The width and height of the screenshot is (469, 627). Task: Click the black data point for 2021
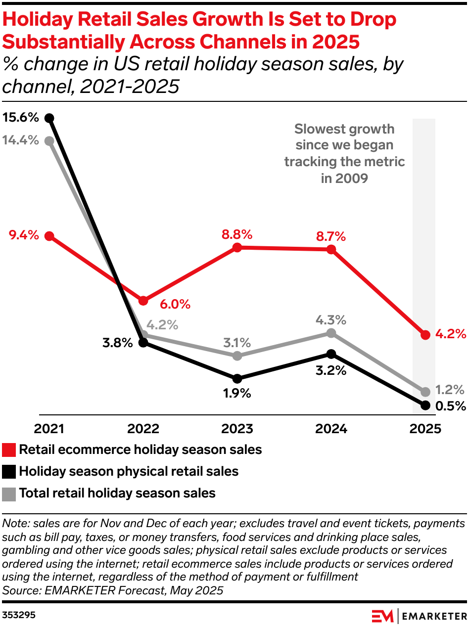pyautogui.click(x=49, y=118)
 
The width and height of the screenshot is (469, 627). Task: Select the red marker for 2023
pyautogui.click(x=237, y=247)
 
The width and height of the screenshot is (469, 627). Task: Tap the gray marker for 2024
pyautogui.click(x=331, y=333)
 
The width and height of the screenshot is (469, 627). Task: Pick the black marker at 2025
pyautogui.click(x=425, y=405)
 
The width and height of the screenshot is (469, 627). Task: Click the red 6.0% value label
pyautogui.click(x=175, y=304)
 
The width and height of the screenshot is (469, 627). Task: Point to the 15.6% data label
pyautogui.click(x=20, y=118)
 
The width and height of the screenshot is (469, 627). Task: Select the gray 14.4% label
pyautogui.click(x=20, y=140)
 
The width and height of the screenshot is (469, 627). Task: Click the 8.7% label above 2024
pyautogui.click(x=330, y=237)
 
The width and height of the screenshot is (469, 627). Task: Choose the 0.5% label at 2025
pyautogui.click(x=451, y=406)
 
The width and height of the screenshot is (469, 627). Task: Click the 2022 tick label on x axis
pyautogui.click(x=143, y=428)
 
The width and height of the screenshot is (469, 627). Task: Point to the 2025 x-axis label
pyautogui.click(x=425, y=428)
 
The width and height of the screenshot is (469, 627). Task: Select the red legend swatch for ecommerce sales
pyautogui.click(x=9, y=450)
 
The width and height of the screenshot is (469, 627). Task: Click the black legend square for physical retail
pyautogui.click(x=9, y=472)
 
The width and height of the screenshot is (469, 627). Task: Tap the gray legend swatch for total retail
pyautogui.click(x=9, y=493)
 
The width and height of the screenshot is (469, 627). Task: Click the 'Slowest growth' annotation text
pyautogui.click(x=344, y=130)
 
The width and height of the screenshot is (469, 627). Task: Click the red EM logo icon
pyautogui.click(x=383, y=616)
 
